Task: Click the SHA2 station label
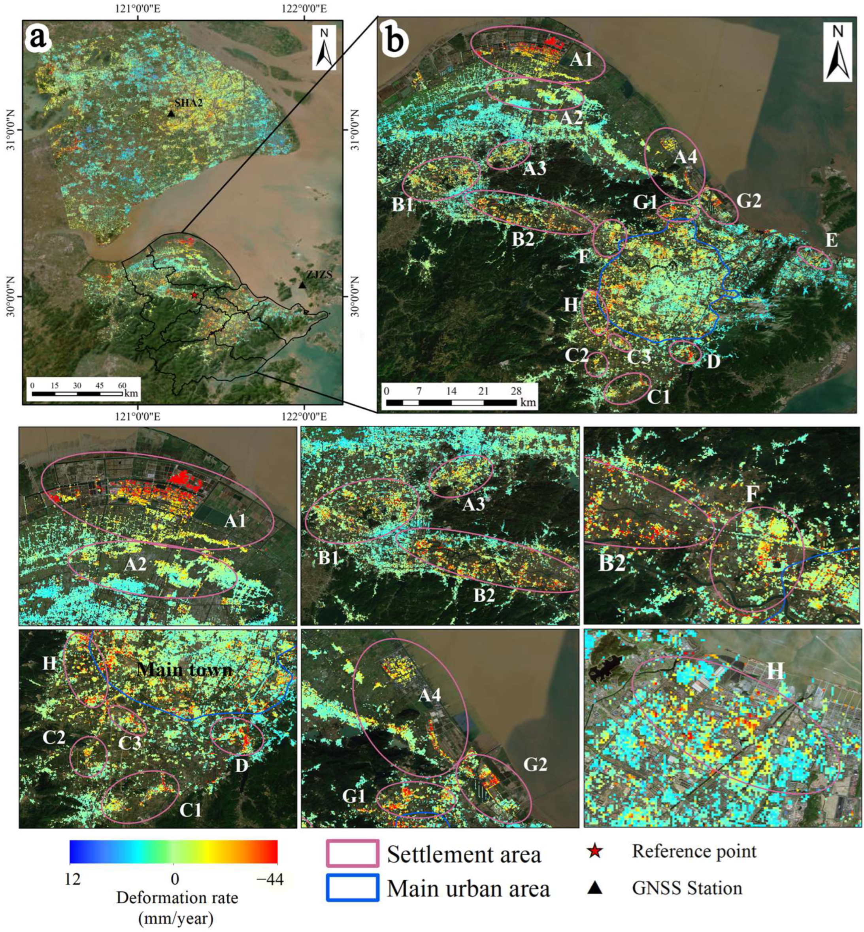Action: point(189,103)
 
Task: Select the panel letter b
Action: point(396,40)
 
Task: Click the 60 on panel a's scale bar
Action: point(122,385)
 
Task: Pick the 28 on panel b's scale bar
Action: point(516,391)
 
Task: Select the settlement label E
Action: point(831,240)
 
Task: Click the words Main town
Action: point(185,670)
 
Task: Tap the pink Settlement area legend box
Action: point(352,853)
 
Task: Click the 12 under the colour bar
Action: point(74,879)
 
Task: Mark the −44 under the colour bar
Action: point(270,879)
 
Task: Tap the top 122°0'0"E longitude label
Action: point(304,9)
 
